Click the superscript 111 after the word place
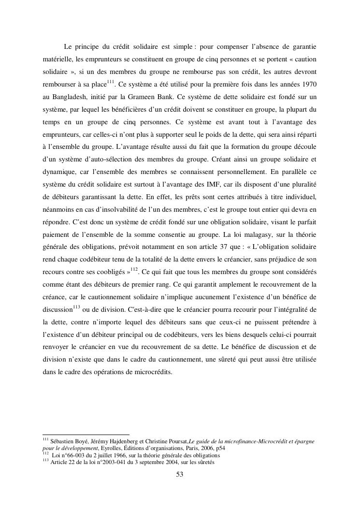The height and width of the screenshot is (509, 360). (x=111, y=82)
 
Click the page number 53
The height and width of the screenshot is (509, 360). (x=180, y=475)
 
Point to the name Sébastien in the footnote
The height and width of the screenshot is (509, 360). (x=64, y=441)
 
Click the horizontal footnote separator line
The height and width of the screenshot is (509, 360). (x=86, y=434)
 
